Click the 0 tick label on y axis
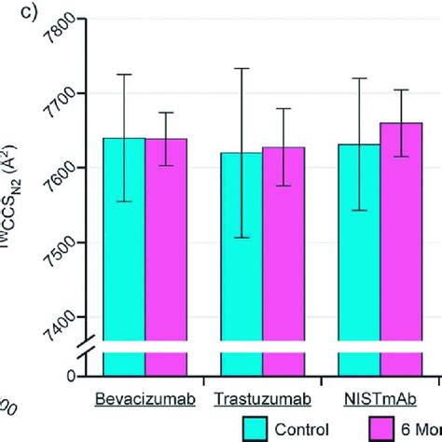[70, 375]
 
